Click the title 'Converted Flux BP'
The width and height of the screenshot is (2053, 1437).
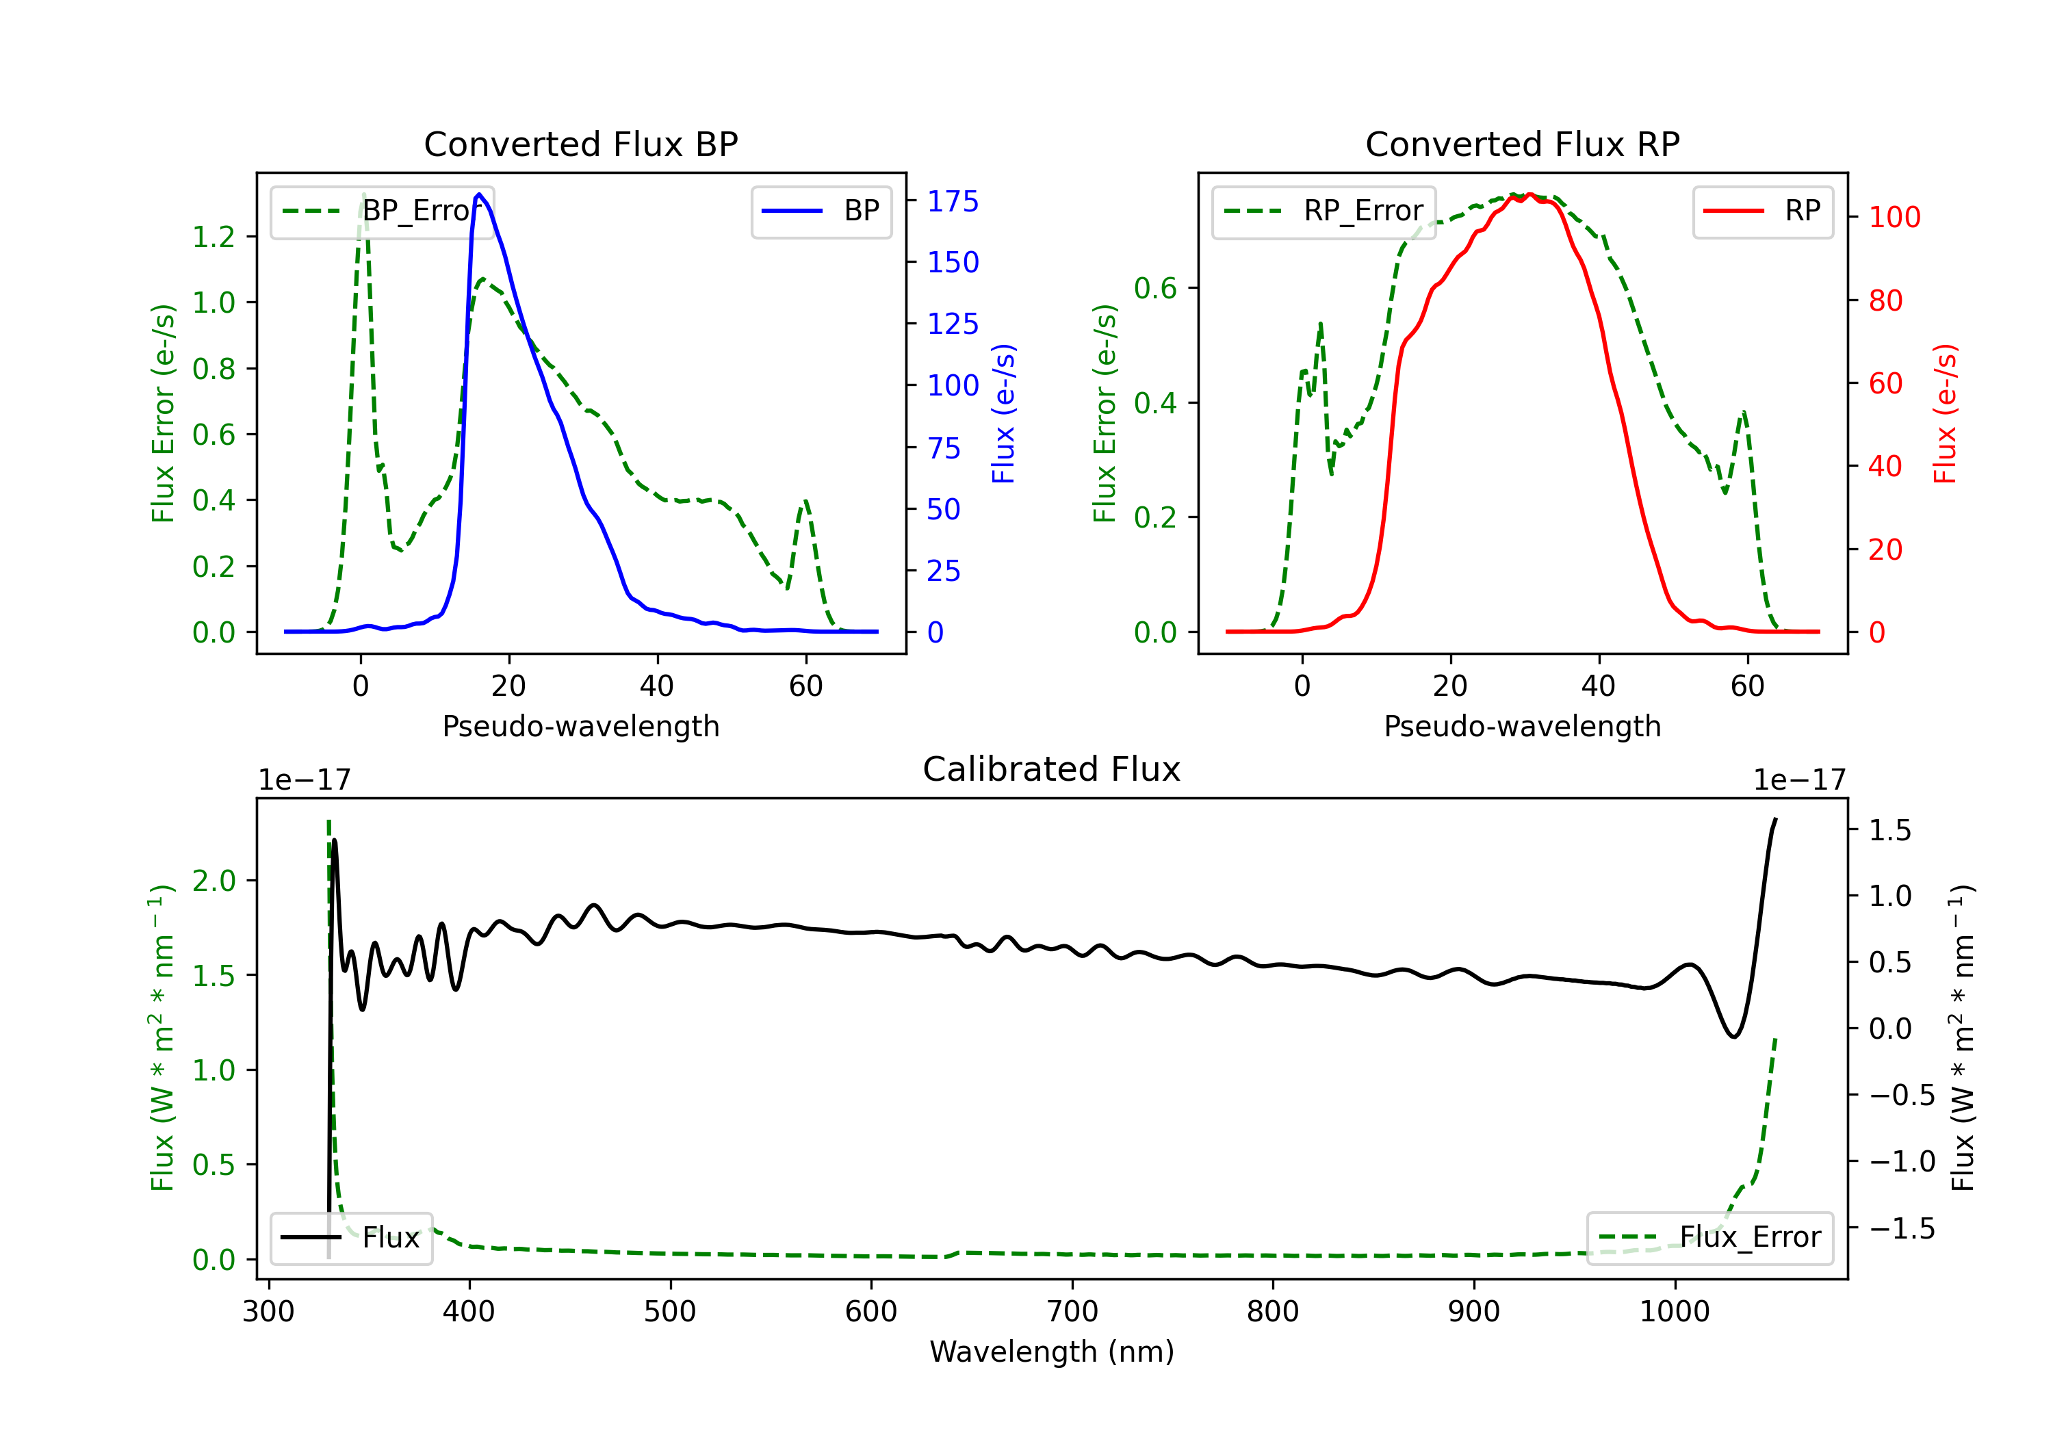coord(580,144)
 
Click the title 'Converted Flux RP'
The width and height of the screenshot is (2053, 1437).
coord(1522,144)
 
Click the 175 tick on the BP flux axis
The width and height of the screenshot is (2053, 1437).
coord(953,201)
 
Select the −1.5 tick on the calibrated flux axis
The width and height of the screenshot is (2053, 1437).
coord(1901,1229)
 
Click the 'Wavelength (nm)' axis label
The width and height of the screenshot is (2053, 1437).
coord(1052,1351)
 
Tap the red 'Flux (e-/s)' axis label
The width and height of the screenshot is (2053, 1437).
coord(1945,414)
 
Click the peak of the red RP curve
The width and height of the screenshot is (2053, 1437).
coord(1530,194)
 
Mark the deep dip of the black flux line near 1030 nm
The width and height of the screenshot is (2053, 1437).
coord(1734,1037)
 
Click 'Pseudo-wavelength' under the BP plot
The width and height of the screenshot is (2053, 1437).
coord(580,726)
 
